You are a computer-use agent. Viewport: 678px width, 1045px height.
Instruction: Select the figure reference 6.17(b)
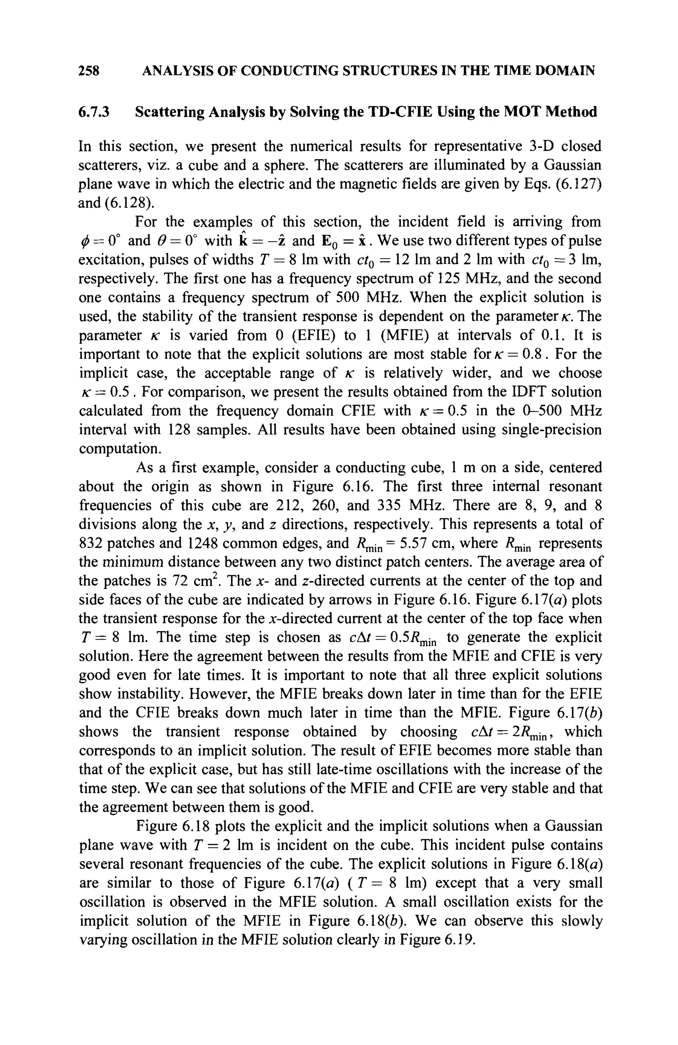pos(580,713)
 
